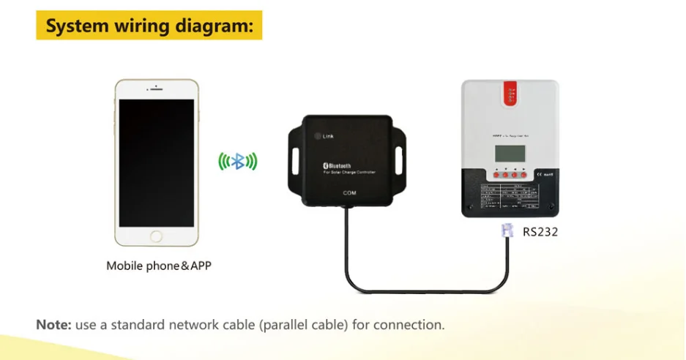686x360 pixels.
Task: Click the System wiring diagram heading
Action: (149, 26)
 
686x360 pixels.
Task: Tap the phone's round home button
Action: (156, 236)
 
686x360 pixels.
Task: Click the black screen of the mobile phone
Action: (156, 162)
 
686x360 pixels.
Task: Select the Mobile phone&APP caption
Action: (159, 266)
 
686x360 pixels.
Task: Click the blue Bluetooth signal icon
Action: (238, 161)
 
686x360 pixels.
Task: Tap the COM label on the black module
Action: (349, 193)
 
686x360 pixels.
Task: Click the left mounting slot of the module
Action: (298, 160)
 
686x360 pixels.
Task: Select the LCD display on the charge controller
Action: (510, 154)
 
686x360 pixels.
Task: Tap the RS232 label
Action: (540, 233)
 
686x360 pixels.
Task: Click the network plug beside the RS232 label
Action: (506, 231)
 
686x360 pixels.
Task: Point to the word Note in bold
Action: (53, 324)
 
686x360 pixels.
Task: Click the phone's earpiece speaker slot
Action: (157, 91)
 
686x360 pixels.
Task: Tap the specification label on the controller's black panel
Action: (510, 198)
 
